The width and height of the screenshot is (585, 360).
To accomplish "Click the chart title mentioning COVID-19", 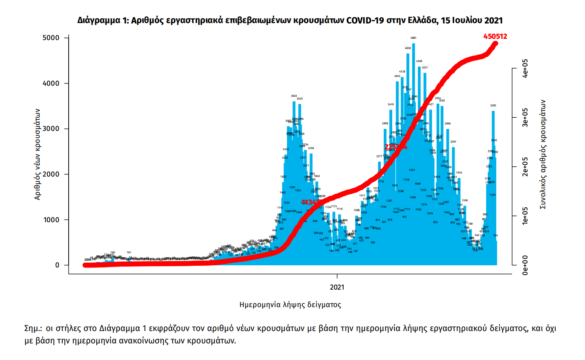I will pos(290,20).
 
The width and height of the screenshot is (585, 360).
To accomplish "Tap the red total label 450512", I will pos(495,37).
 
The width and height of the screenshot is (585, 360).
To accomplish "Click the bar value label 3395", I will pos(493,105).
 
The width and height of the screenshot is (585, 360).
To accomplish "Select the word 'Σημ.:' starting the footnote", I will pos(33,329).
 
